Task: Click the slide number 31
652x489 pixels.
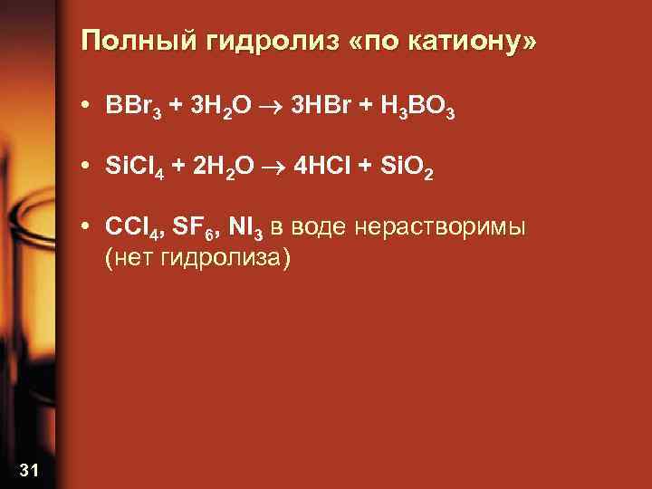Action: tap(28, 468)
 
